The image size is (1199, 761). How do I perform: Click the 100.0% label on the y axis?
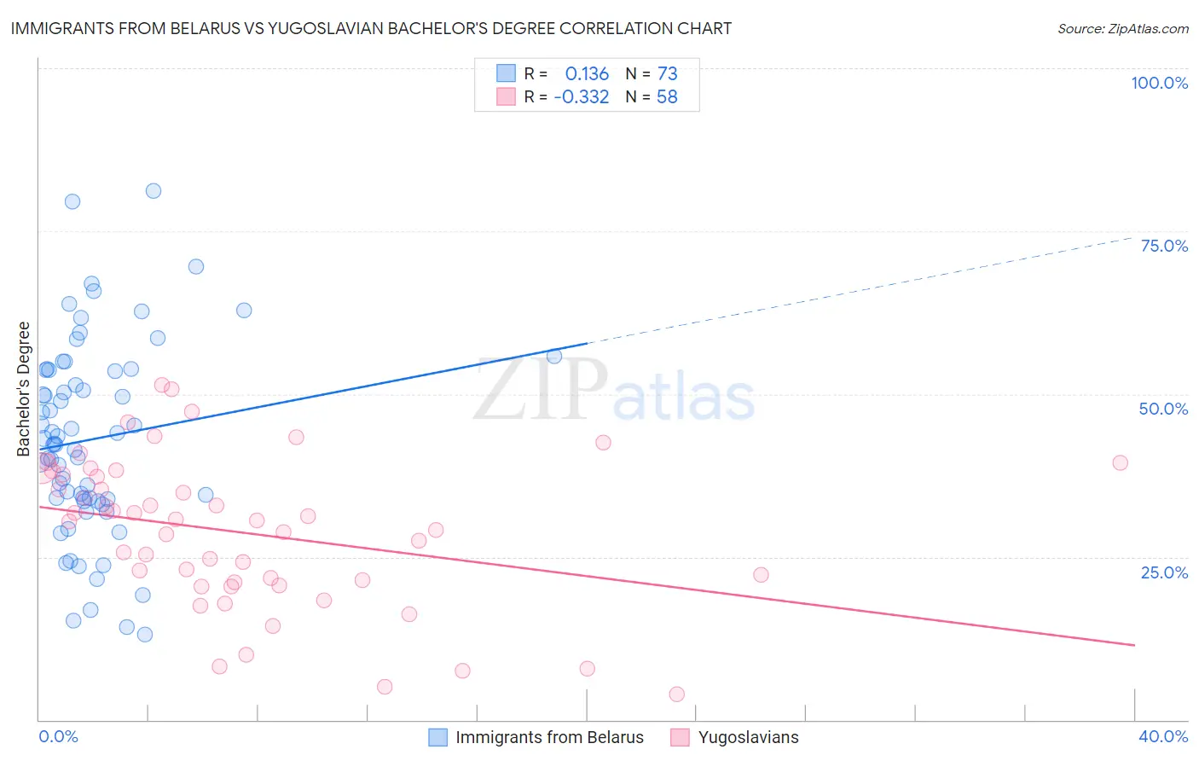coord(1159,83)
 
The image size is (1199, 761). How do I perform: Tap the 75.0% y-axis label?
coord(1164,246)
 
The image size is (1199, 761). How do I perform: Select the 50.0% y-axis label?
coord(1163,409)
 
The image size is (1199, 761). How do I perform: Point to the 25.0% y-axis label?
coord(1164,572)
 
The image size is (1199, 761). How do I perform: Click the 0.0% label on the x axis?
coord(58,736)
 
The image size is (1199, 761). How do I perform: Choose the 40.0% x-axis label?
coord(1163,736)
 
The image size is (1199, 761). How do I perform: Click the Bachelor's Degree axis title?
coord(23,388)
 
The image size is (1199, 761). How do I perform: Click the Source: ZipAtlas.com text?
coord(1122,28)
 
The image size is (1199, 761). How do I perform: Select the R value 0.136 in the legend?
coord(587,73)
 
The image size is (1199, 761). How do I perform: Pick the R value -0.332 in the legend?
coord(581,96)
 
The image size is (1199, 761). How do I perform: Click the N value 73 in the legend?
coord(667,73)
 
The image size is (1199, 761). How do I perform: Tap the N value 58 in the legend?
coord(667,96)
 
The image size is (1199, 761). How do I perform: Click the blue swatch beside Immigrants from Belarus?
coord(438,737)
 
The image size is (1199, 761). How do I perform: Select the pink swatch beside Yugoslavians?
coord(680,737)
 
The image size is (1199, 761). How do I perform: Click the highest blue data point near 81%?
coord(153,191)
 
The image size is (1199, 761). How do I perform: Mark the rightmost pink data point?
coord(1120,462)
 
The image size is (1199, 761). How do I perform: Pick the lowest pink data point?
coord(677,694)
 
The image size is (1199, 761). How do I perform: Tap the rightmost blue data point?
coord(554,357)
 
